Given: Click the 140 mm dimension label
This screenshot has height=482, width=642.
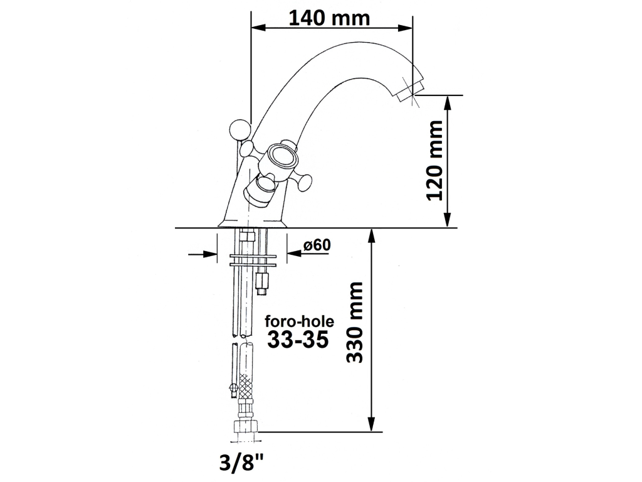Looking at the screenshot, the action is point(329,18).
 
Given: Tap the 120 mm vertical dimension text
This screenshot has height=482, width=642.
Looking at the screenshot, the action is point(434,160).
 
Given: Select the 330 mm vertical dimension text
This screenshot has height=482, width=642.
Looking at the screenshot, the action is point(355,322).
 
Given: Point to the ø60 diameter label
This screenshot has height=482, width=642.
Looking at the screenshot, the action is point(317,245).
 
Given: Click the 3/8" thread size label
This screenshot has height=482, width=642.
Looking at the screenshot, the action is point(241,463).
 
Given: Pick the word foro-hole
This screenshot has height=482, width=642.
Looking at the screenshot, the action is point(299,321).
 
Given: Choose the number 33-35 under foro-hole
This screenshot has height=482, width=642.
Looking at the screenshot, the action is point(298,340).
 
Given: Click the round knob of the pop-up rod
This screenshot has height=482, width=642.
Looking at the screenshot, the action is point(239,129).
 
